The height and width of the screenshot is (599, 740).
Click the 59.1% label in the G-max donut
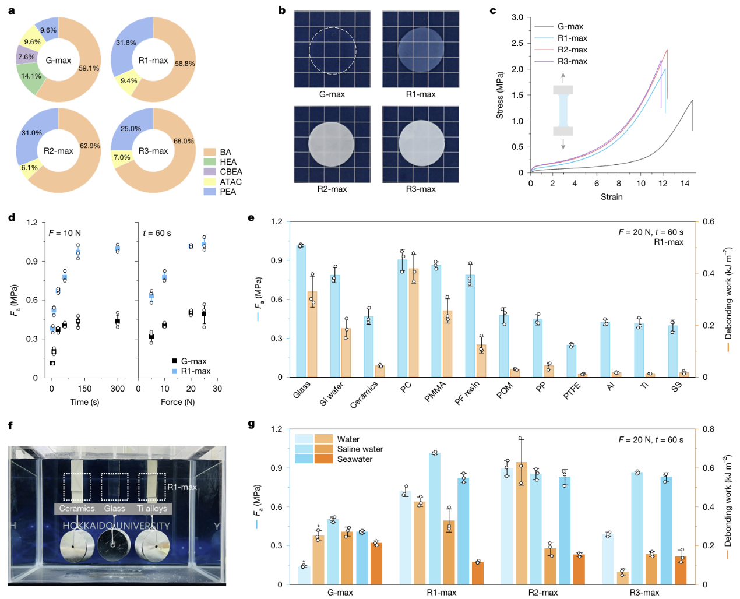89,68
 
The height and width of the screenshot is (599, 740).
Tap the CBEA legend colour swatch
210,172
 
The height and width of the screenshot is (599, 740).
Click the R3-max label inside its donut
153,151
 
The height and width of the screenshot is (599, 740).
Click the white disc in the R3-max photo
421,143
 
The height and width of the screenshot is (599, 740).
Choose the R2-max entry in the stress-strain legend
572,50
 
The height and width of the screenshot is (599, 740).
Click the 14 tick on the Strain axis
685,184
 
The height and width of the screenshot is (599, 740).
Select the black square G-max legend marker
174,361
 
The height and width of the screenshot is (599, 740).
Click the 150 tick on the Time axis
84,389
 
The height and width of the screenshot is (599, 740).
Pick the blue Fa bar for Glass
301,312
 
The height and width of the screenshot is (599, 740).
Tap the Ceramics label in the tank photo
76,509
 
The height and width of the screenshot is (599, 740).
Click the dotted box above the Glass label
115,487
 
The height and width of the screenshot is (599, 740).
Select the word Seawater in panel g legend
355,459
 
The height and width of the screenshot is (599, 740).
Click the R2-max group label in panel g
542,593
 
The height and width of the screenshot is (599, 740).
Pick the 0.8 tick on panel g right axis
708,429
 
